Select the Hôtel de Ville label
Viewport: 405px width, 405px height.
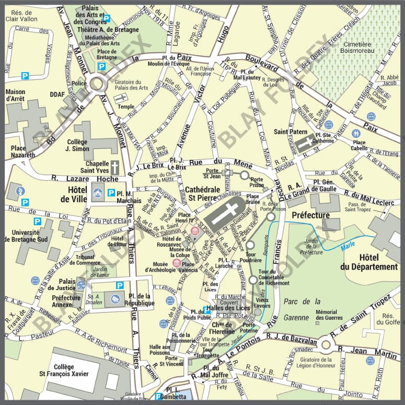click(x=73, y=194)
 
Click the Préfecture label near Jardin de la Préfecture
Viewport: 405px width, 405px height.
click(x=310, y=215)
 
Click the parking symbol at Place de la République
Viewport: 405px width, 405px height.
click(x=120, y=285)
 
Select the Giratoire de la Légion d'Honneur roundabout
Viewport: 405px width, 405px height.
click(x=327, y=344)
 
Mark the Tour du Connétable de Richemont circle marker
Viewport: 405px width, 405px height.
click(x=253, y=280)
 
